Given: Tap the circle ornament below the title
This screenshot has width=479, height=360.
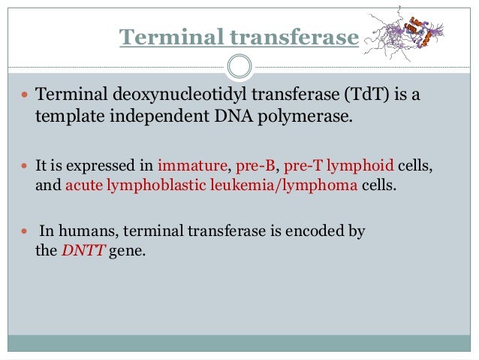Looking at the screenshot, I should coord(239,67).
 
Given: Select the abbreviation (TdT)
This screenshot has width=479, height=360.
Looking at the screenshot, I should coord(354,96).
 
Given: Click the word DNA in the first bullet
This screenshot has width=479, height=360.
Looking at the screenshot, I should coord(242,118).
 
